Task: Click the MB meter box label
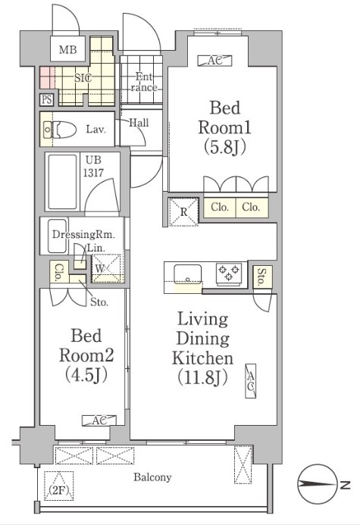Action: coord(67,50)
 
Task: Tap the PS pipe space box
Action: coord(46,99)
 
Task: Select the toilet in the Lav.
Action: coord(61,130)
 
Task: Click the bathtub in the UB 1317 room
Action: coord(63,182)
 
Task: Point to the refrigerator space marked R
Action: coord(183,211)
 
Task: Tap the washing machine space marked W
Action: coord(106,268)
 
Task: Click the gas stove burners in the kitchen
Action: coord(229,272)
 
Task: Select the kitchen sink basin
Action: coord(187,274)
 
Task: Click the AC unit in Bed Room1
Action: coord(214,61)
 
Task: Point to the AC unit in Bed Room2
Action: coord(99,420)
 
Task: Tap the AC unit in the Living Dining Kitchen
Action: coord(251,381)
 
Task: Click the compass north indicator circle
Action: coord(317,484)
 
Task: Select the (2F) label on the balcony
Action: coord(59,490)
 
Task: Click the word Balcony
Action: coord(152,477)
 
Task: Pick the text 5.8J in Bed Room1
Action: coord(224,147)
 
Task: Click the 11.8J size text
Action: coord(202,377)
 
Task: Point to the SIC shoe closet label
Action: coord(83,78)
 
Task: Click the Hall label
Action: coord(139,123)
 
